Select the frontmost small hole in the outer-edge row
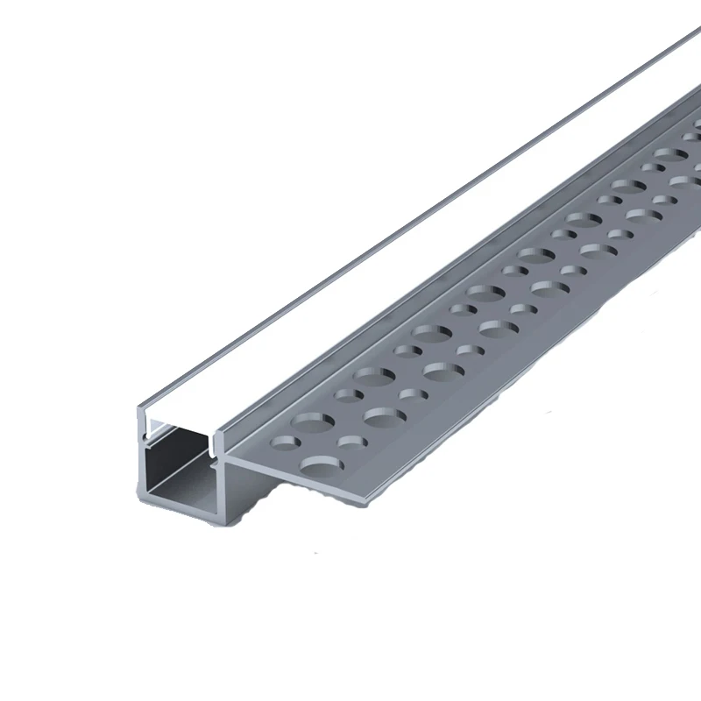[x=350, y=441]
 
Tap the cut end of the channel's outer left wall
[x=141, y=464]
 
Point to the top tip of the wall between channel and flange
[x=217, y=425]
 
